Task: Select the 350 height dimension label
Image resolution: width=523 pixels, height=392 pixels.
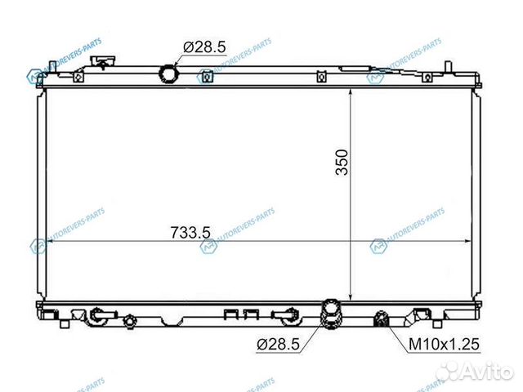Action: tap(341, 163)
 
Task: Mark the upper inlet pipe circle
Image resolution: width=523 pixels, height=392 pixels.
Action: tap(170, 75)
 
